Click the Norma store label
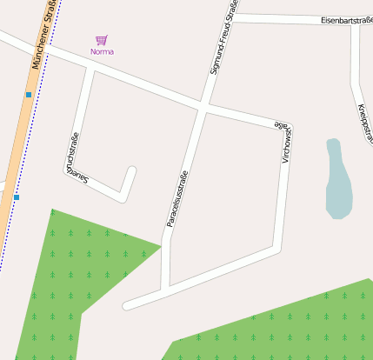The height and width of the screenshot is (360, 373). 102,51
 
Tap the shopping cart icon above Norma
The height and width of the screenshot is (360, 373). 102,40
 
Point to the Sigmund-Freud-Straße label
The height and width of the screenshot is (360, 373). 223,39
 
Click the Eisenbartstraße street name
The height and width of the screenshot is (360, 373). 341,19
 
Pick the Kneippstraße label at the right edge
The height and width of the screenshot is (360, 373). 365,121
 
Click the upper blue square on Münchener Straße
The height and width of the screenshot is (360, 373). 29,94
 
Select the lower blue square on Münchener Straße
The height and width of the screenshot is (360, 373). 16,197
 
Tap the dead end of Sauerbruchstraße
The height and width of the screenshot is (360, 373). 132,170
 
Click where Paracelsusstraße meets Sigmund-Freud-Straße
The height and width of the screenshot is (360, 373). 203,108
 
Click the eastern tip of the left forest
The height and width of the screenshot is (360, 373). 161,246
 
